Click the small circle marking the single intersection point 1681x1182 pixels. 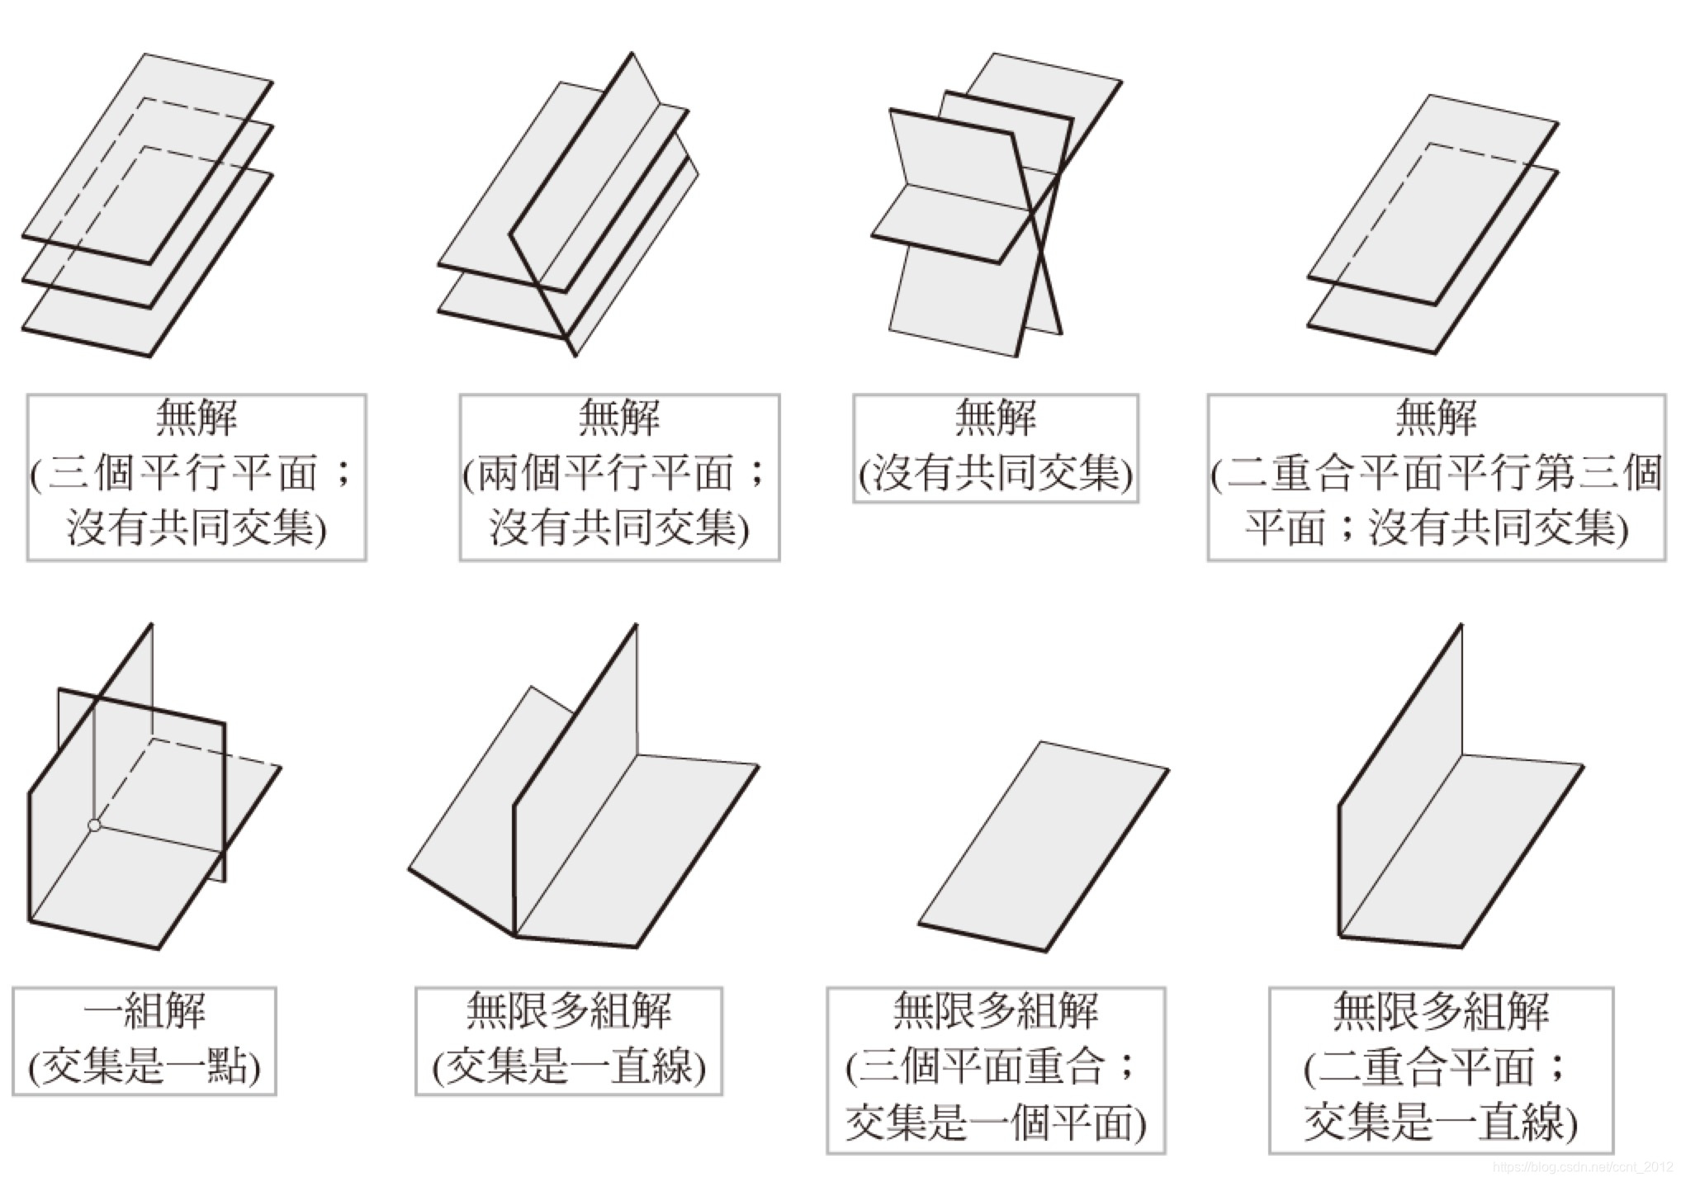point(94,825)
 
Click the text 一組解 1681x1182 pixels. point(144,1012)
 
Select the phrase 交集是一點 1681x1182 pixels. point(144,1066)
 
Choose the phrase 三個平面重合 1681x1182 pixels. point(983,1066)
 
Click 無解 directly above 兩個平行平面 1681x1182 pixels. point(619,418)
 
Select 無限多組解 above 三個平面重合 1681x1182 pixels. point(996,1012)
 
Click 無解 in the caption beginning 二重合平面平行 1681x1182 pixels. point(1436,418)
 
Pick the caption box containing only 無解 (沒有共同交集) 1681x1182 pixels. point(996,448)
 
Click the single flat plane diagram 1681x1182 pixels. point(1044,847)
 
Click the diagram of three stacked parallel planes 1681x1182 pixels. point(147,206)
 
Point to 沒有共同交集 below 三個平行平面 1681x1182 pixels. point(197,528)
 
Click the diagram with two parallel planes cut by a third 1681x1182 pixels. point(570,206)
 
